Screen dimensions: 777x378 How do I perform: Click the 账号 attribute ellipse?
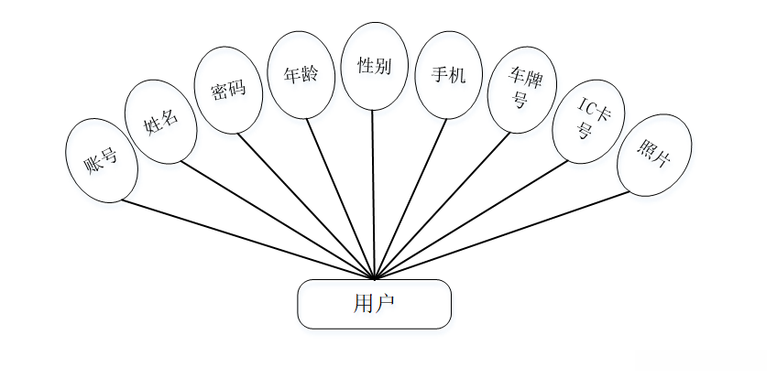coord(103,161)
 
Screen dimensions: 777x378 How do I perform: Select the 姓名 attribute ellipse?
coord(160,121)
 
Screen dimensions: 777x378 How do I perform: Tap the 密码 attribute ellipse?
coord(228,92)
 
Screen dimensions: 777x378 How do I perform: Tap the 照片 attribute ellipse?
coord(653,154)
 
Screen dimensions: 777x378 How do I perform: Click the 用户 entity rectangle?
coord(374,304)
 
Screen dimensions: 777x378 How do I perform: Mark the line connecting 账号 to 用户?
coord(247,239)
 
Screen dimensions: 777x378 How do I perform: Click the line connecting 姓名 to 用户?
coord(278,220)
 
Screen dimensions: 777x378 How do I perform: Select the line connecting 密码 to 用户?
coord(306,206)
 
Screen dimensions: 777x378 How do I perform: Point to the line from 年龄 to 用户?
coord(340,198)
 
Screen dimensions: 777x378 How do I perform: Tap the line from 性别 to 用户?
coord(373,194)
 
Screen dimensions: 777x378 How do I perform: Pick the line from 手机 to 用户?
coord(410,198)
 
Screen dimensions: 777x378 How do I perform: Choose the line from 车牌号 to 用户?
coord(442,205)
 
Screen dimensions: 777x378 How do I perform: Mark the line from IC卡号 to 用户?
coord(471,220)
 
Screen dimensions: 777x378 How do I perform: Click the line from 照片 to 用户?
coord(502,234)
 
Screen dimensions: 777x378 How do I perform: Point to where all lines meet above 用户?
coord(374,277)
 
